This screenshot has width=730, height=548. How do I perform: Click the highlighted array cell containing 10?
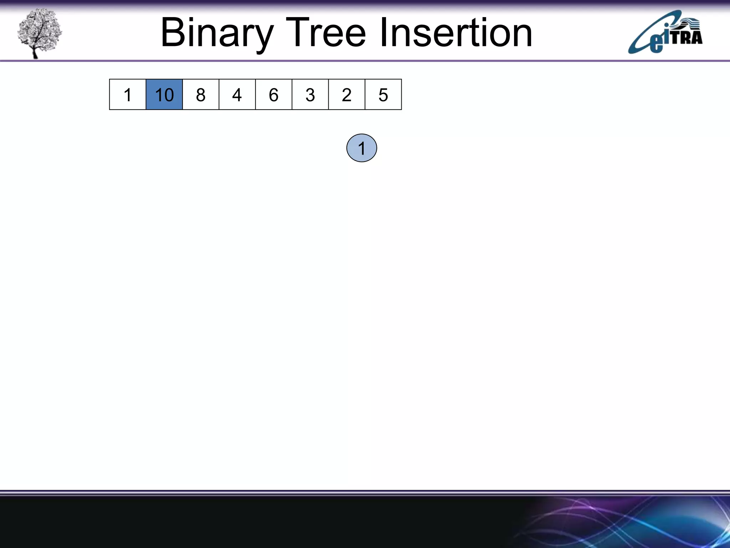pyautogui.click(x=164, y=95)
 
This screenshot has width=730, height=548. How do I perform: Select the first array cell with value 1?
pyautogui.click(x=128, y=95)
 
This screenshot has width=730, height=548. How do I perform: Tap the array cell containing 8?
pyautogui.click(x=201, y=95)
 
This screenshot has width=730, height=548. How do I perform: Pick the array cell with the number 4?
pyautogui.click(x=237, y=95)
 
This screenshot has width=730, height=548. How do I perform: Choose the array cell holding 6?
pyautogui.click(x=274, y=95)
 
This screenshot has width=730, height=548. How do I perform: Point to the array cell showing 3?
pyautogui.click(x=310, y=95)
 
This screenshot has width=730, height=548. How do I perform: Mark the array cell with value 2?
pyautogui.click(x=346, y=95)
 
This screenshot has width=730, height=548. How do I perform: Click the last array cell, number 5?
pyautogui.click(x=383, y=95)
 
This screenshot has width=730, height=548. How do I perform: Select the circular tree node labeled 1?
pyautogui.click(x=361, y=148)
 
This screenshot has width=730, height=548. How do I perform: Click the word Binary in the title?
pyautogui.click(x=217, y=33)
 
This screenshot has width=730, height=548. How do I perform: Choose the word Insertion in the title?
pyautogui.click(x=456, y=33)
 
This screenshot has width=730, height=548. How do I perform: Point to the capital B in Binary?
pyautogui.click(x=173, y=33)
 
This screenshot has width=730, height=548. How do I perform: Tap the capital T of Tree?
pyautogui.click(x=297, y=33)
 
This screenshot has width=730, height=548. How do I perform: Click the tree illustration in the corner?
pyautogui.click(x=40, y=32)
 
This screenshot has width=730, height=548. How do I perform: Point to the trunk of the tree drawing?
pyautogui.click(x=35, y=52)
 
